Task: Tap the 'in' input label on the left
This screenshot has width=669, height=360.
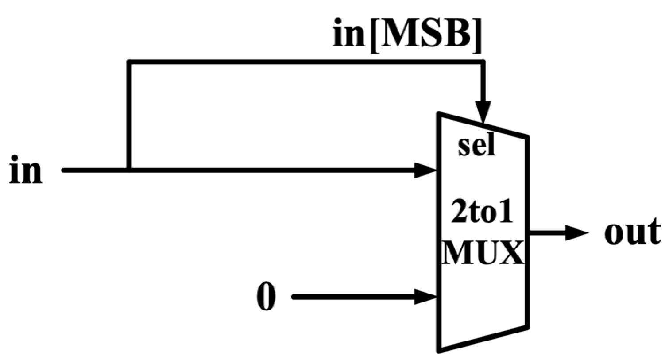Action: [26, 170]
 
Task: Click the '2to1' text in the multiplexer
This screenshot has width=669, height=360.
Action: [482, 213]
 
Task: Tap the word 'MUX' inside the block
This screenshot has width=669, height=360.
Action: [483, 254]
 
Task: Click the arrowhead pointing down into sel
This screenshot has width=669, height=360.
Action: [483, 112]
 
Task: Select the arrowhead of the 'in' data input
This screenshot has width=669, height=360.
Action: [425, 170]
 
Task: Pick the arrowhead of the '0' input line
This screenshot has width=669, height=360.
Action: [425, 297]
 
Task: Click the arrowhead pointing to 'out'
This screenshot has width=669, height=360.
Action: [576, 232]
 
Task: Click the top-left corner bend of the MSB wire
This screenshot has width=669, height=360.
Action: [129, 62]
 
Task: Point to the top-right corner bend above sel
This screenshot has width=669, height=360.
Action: [483, 62]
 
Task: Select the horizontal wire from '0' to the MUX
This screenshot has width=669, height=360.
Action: [354, 297]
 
